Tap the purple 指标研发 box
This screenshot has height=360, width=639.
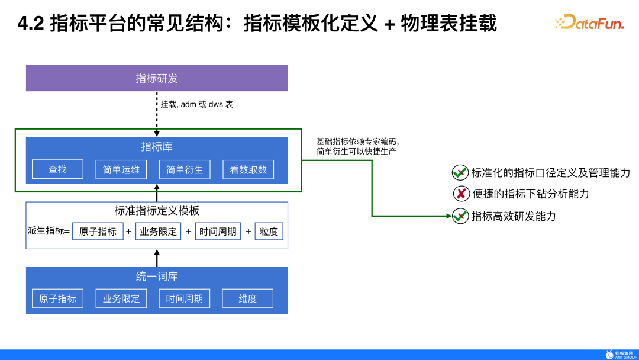(157, 78)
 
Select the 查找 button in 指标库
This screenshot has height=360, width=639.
(57, 169)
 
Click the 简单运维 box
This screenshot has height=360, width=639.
(121, 169)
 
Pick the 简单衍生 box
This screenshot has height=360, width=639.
(185, 169)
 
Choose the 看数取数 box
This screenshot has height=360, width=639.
(248, 169)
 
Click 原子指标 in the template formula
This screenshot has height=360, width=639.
(98, 232)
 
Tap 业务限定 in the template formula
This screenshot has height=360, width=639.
(157, 232)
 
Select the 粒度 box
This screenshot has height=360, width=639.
(269, 232)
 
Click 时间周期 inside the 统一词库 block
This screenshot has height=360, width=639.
(185, 298)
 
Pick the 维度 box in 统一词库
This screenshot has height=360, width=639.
(248, 298)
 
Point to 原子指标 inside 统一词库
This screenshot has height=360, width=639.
(57, 298)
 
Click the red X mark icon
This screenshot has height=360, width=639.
(461, 194)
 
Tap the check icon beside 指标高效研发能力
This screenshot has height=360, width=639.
(460, 216)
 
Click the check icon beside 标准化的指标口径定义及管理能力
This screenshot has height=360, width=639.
(460, 172)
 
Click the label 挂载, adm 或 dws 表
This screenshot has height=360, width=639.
(197, 104)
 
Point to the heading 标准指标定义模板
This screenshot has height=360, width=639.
(157, 211)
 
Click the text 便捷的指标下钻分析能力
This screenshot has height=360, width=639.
(531, 194)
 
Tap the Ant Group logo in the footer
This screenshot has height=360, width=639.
(621, 354)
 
